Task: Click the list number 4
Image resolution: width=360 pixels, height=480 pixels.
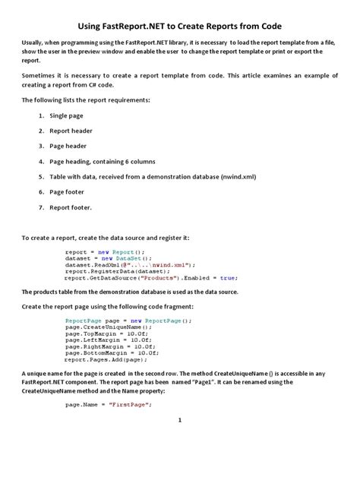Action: (40, 161)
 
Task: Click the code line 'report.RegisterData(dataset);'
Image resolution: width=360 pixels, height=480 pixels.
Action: (109, 271)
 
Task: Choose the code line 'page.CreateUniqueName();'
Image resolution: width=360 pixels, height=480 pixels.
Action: (103, 327)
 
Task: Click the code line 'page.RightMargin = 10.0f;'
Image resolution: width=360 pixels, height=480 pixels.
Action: (106, 347)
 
